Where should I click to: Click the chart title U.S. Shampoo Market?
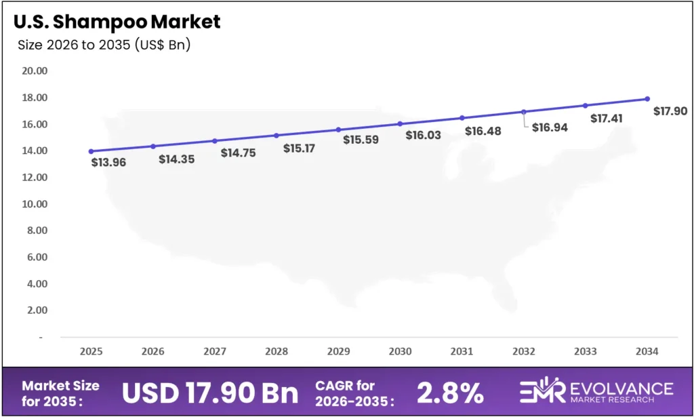[117, 22]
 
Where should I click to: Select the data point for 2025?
[91, 151]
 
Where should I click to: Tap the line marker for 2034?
[647, 99]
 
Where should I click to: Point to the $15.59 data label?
[361, 140]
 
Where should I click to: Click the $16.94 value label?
[550, 127]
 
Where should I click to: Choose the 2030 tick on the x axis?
[400, 352]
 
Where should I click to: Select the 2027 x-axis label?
[215, 352]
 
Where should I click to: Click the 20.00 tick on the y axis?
[35, 71]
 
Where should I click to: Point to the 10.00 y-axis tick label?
[35, 204]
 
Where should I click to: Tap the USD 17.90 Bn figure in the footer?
[210, 392]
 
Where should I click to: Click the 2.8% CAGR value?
[450, 393]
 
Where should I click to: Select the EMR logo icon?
[543, 392]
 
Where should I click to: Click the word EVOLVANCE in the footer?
[621, 388]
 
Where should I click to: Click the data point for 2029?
[338, 130]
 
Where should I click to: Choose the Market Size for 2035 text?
[61, 392]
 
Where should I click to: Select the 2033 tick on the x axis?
[586, 352]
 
